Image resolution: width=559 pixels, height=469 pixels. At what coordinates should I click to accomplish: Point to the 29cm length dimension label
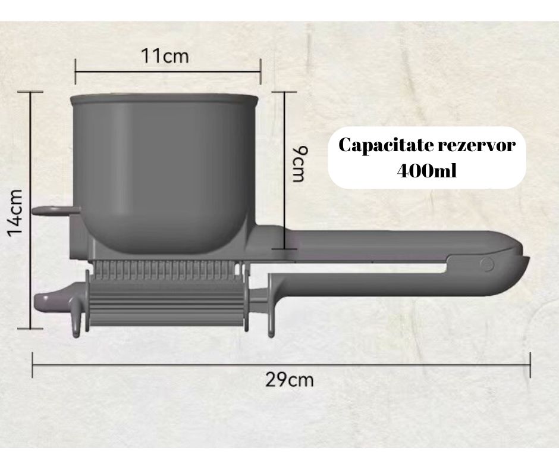click(289, 379)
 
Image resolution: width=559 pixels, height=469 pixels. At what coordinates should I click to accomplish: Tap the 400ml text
click(428, 171)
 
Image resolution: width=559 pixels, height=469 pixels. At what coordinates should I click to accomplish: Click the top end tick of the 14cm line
click(30, 92)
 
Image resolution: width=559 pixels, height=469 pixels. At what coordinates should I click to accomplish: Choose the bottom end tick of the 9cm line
click(285, 249)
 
